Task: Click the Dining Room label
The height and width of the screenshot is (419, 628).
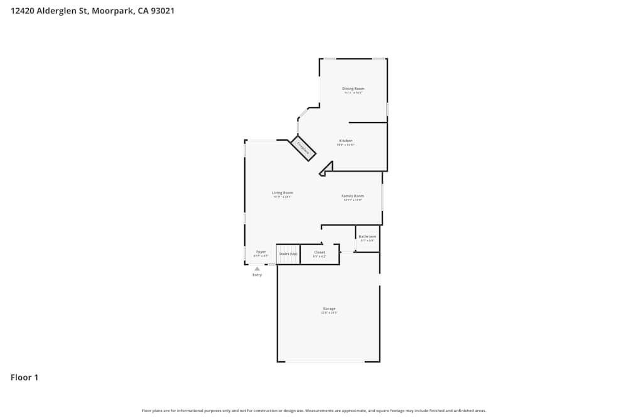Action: point(353,89)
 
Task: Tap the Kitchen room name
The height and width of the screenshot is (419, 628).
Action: point(346,141)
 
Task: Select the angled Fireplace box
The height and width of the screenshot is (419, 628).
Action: point(303,149)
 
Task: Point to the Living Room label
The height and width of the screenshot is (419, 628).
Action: point(282,193)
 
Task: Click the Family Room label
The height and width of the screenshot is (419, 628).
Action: point(352,196)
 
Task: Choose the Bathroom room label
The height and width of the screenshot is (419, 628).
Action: point(367,237)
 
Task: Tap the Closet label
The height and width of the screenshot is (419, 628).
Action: point(320,253)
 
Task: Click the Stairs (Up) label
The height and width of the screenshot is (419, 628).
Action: point(288,253)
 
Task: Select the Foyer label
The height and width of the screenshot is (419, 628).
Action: point(261,252)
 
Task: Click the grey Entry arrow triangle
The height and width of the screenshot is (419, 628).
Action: point(257,269)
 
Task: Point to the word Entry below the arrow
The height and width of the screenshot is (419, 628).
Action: point(257,275)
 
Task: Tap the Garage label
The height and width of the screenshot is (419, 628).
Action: point(329,308)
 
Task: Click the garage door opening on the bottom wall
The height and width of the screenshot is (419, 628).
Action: point(325,361)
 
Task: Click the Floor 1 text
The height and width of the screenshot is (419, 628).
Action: point(24,378)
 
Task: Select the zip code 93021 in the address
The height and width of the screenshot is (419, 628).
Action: point(161,11)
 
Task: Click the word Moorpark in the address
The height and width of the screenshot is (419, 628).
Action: point(112,11)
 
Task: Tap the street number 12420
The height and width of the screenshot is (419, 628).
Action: point(23,11)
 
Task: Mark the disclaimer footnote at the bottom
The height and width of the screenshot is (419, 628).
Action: point(314,411)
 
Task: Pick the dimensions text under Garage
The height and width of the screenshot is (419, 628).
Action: point(329,313)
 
